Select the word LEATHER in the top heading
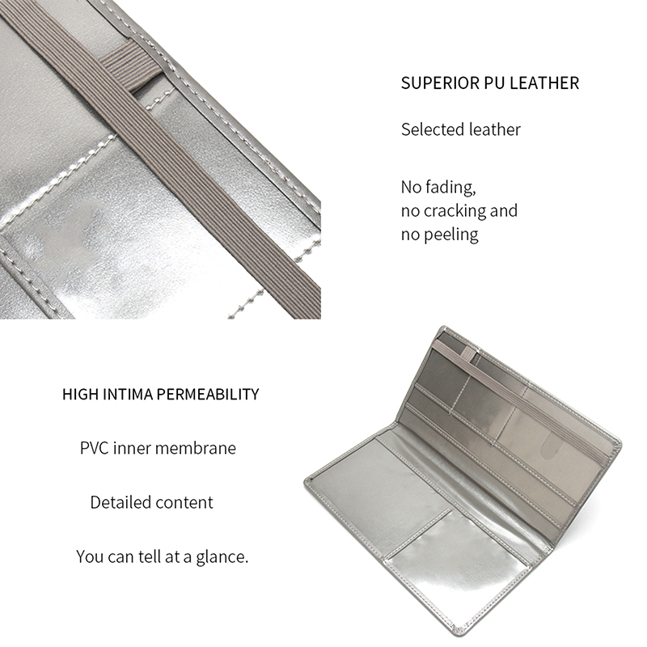pos(544,83)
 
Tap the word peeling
pos(451,235)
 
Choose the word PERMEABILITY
pos(208,395)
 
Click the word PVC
pos(94,448)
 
